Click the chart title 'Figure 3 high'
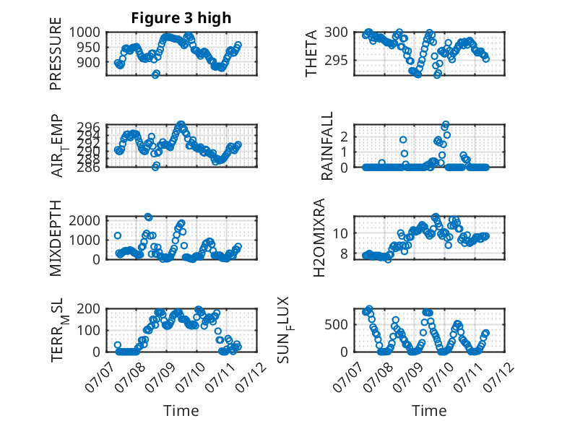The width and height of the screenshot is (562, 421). (x=181, y=18)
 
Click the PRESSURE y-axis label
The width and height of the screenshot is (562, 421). (x=56, y=53)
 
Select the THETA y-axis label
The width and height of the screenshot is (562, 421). (x=311, y=53)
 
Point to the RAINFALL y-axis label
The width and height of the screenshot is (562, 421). (x=327, y=146)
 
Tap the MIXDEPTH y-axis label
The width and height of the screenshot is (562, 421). (x=56, y=238)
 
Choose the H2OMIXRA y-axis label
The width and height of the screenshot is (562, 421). (x=319, y=238)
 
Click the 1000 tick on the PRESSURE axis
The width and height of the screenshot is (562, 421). (x=85, y=32)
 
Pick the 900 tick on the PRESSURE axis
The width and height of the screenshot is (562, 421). (x=89, y=62)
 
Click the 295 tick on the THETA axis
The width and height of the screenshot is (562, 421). (x=336, y=60)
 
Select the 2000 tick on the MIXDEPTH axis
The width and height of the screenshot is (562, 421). (x=85, y=220)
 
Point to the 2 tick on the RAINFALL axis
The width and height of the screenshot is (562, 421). (x=345, y=136)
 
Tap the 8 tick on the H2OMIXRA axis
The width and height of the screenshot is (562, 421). (x=345, y=253)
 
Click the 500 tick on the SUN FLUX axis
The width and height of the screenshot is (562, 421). (x=336, y=325)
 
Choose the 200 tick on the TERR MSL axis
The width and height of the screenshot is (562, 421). (x=89, y=308)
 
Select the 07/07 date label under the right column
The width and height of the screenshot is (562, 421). (x=348, y=377)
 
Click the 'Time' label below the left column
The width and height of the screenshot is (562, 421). (x=181, y=411)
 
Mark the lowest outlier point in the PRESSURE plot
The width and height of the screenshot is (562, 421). (x=155, y=74)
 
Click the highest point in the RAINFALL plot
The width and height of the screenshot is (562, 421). (x=446, y=125)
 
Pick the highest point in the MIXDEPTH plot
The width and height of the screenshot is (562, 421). (x=148, y=217)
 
